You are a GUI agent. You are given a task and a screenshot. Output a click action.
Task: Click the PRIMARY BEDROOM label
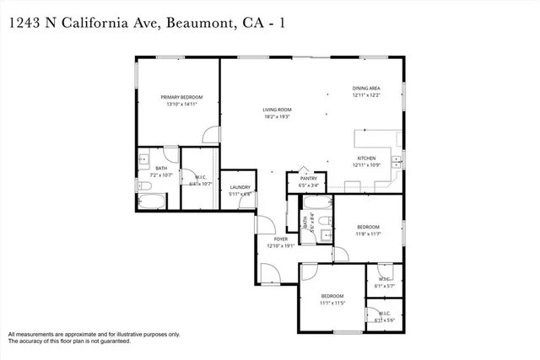click(181, 97)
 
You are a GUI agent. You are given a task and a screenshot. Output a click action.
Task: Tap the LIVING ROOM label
click(277, 110)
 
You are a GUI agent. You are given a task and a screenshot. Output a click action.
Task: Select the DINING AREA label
click(366, 89)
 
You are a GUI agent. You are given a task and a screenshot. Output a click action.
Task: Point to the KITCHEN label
click(366, 158)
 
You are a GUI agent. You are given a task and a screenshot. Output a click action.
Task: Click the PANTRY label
click(308, 179)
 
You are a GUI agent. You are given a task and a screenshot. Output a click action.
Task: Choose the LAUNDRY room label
click(240, 187)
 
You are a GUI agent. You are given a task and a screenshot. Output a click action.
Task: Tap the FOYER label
click(280, 239)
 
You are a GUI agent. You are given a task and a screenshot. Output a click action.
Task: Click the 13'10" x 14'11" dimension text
click(181, 105)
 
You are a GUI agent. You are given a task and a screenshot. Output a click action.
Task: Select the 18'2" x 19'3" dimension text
click(277, 117)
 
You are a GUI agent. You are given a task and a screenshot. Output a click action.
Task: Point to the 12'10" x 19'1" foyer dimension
click(280, 246)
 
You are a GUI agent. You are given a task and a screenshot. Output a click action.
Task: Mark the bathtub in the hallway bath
click(318, 202)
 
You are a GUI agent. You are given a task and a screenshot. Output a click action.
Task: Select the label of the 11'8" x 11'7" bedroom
click(367, 227)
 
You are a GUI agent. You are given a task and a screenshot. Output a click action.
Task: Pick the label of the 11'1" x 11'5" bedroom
click(332, 296)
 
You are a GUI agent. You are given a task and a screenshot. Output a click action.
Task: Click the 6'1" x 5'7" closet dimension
click(385, 286)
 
